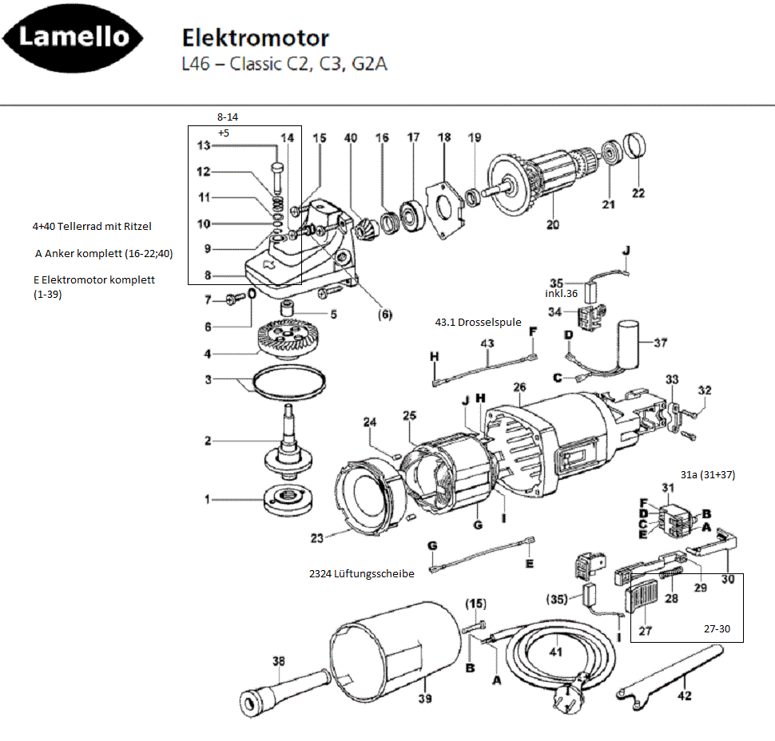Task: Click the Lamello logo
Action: (x=73, y=38)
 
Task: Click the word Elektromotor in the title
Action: (x=256, y=38)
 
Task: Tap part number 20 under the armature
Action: (x=553, y=224)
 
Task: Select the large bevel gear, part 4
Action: (x=288, y=338)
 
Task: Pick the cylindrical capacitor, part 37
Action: (x=627, y=345)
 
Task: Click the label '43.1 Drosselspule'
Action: (x=478, y=322)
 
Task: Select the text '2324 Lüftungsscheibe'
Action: (x=362, y=573)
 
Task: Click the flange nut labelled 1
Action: (x=288, y=499)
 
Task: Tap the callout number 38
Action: (x=279, y=661)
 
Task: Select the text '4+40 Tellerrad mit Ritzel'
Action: (x=92, y=226)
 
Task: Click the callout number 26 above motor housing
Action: (x=519, y=386)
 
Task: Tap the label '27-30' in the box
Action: (x=717, y=629)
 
